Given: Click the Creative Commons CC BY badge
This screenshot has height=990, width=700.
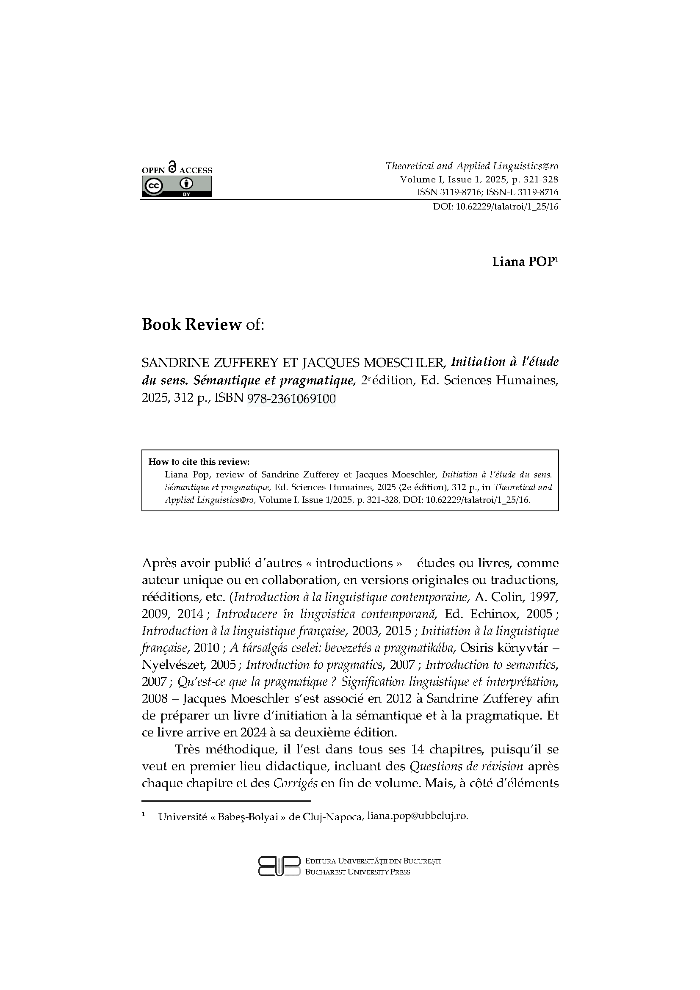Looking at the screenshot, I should point(177,187).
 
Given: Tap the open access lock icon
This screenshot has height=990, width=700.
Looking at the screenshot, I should point(172,166).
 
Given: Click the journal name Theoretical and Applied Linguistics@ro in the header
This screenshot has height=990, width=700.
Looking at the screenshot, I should point(471,166).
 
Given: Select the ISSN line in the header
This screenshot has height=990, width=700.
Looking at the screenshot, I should point(487,193).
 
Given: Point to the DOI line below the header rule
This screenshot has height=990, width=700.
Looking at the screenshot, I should point(495,207).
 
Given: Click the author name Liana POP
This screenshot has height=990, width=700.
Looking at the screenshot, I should point(523,262).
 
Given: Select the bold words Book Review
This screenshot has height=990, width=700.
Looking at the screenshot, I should point(191,325).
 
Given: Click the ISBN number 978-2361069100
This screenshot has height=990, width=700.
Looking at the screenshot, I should point(291,399).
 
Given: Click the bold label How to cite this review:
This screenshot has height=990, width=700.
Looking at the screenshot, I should point(199,462).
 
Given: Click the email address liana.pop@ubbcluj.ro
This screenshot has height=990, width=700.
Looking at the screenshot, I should point(417,816).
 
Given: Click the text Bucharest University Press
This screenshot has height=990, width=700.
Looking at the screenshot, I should point(357,872).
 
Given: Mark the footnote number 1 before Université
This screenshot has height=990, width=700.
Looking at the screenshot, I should point(144,815).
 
